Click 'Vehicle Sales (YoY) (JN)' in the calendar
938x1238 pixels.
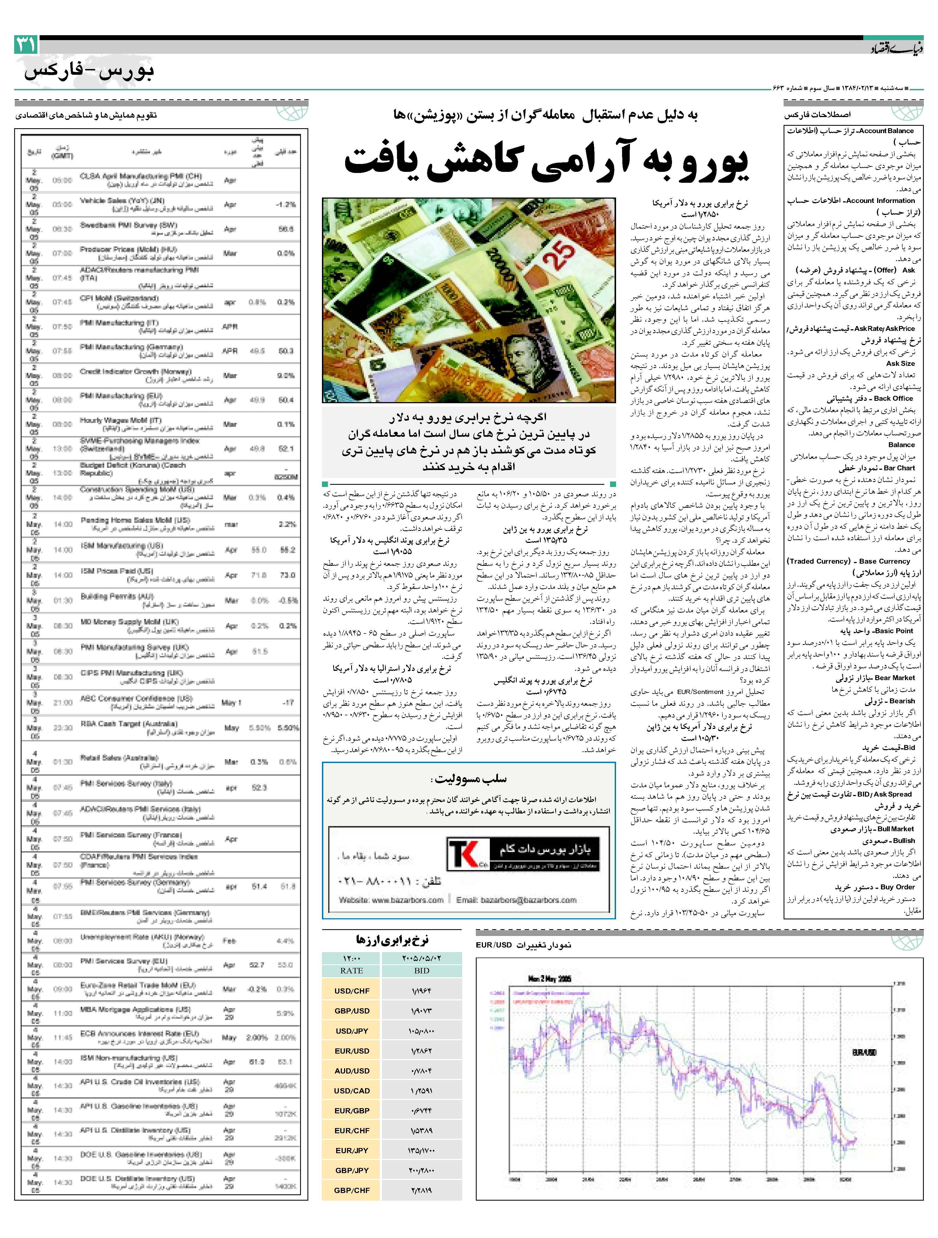[122, 200]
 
